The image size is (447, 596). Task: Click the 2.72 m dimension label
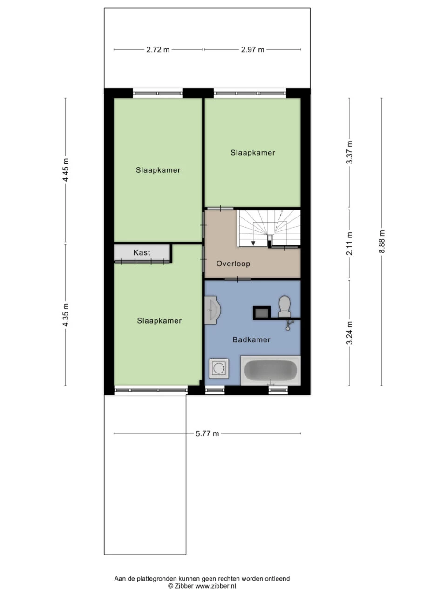[x=158, y=50]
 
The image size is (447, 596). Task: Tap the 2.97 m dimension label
[x=252, y=50]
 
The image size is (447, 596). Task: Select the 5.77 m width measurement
[x=207, y=433]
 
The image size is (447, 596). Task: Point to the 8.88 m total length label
[x=382, y=241]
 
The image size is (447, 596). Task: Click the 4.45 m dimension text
[x=65, y=170]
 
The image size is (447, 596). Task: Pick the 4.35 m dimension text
[x=65, y=315]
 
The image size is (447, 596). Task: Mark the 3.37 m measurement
[x=349, y=152]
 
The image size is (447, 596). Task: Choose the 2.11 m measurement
[x=349, y=243]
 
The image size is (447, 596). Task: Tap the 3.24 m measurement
[x=349, y=332]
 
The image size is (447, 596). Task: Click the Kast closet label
[x=142, y=252]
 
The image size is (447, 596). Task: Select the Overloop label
[x=233, y=264]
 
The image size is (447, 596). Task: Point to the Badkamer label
[x=251, y=340]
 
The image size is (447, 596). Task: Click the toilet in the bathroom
[x=284, y=306]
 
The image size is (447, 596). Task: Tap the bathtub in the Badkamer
[x=271, y=370]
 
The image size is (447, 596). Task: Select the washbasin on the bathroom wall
[x=212, y=310]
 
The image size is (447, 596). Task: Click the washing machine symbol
[x=218, y=368]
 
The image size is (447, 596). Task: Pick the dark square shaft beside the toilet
[x=262, y=312]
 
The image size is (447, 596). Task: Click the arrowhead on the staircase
[x=253, y=243]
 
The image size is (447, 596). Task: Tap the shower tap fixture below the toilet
[x=289, y=325]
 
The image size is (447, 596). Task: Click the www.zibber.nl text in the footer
[x=216, y=586]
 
